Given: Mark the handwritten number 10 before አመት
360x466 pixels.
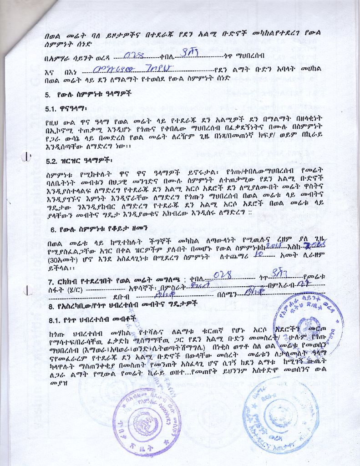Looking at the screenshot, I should pyautogui.click(x=258, y=256).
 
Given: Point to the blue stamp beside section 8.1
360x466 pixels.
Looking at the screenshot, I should pyautogui.click(x=308, y=324).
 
